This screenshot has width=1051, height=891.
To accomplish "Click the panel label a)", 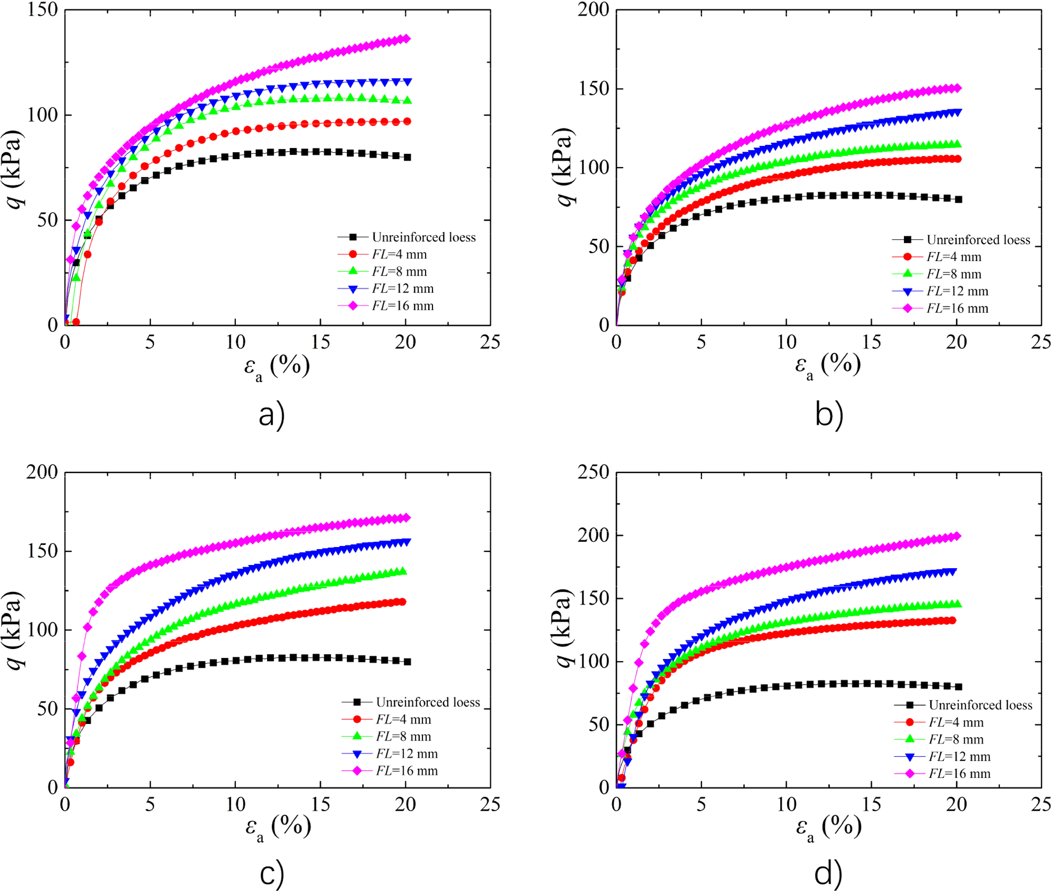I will (272, 414).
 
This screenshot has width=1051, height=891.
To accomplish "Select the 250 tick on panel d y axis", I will (594, 472).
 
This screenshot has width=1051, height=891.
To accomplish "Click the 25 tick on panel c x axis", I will (490, 804).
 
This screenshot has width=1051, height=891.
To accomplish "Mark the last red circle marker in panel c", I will (402, 602).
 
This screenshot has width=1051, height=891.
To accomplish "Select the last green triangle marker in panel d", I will (957, 604).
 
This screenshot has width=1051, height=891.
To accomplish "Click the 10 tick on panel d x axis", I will (786, 804).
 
